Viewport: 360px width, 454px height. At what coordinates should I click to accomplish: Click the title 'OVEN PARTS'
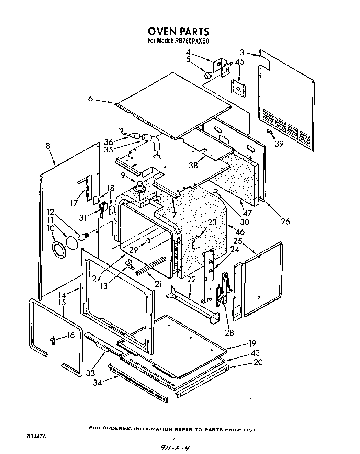click(x=178, y=31)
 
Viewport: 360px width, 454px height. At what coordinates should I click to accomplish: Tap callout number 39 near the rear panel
click(x=279, y=144)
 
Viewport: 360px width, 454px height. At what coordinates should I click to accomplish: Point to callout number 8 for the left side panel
click(x=48, y=146)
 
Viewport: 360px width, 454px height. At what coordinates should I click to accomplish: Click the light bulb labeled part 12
click(x=83, y=236)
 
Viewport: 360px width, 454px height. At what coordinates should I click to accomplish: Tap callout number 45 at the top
click(x=239, y=62)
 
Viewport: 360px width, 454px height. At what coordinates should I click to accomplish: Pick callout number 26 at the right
click(x=285, y=221)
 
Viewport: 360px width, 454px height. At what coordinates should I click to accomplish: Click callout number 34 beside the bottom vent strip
click(x=98, y=382)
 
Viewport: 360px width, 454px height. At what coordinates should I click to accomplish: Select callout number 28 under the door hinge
click(x=229, y=332)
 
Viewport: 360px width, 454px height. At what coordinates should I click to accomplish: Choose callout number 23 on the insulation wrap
click(x=212, y=222)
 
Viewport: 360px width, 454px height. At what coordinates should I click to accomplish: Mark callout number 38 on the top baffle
click(x=194, y=165)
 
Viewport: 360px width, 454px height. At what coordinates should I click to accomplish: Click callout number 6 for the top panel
click(x=90, y=99)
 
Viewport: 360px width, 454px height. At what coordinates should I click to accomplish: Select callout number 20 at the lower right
click(x=258, y=362)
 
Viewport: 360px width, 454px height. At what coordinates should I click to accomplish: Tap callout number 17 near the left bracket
click(x=74, y=203)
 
